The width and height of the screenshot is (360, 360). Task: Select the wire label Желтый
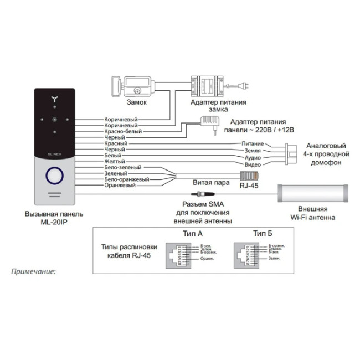coord(115,161)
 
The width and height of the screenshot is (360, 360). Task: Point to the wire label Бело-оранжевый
coord(127,179)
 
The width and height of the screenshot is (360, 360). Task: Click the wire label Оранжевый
coord(120,186)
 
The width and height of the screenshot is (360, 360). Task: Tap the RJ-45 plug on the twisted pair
coord(249,176)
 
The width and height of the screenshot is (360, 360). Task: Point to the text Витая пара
coord(210,182)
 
